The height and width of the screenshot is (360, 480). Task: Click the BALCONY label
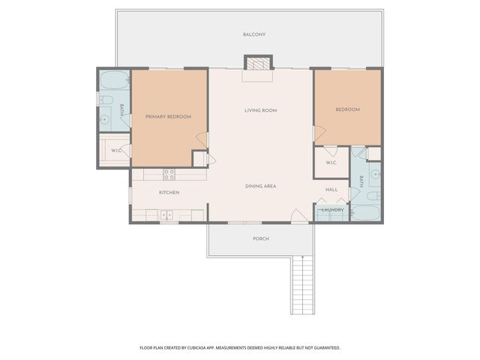point(254,34)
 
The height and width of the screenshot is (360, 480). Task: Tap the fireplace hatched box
point(258,64)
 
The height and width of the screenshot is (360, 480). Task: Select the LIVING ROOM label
point(260,110)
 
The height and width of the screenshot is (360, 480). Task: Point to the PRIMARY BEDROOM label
point(168,117)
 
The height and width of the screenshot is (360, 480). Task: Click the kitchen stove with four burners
point(169,175)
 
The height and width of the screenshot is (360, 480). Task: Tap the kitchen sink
point(166,215)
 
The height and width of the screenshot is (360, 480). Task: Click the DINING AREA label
point(260,186)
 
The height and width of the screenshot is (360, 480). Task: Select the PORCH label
point(261,238)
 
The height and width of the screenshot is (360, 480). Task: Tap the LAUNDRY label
point(332,210)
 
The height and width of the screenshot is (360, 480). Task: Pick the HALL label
point(331,190)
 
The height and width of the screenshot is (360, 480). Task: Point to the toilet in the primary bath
point(106,100)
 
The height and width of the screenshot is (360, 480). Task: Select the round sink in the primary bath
point(105,118)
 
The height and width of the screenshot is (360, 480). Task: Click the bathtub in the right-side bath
point(365,213)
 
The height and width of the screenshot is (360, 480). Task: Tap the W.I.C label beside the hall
point(331,163)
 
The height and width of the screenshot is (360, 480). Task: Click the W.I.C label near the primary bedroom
point(116,151)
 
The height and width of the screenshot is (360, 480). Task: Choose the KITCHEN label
point(169,192)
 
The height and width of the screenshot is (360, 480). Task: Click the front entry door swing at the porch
point(298,215)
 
